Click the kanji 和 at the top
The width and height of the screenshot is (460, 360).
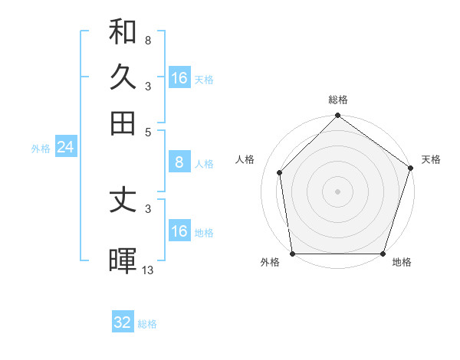point(123,32)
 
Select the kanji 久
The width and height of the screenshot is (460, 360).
point(123,77)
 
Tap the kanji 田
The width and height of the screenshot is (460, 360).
point(123,122)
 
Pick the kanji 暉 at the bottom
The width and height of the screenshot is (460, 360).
point(123,260)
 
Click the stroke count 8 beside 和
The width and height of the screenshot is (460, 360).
point(147,40)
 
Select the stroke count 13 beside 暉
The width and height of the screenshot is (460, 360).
point(148,269)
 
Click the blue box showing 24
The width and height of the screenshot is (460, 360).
point(65,147)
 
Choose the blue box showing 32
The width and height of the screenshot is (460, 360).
point(123,322)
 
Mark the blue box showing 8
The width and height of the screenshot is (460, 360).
point(179,162)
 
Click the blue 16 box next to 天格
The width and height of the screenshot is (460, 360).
point(179,78)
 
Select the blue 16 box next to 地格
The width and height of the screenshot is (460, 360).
point(179,231)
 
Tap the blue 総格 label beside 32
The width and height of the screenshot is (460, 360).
point(147,324)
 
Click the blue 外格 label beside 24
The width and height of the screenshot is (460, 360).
point(41,149)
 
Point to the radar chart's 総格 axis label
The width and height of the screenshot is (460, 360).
point(337,100)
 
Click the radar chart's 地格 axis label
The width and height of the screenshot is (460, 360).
point(402,262)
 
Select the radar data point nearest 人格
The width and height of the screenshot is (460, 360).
point(280,172)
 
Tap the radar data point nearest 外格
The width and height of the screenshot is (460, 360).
point(293,254)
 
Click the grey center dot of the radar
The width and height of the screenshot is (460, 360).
point(337,191)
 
